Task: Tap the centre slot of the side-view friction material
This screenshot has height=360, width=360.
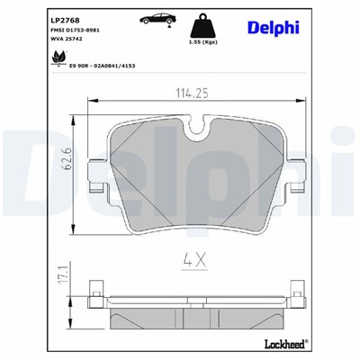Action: tap(196, 304)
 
